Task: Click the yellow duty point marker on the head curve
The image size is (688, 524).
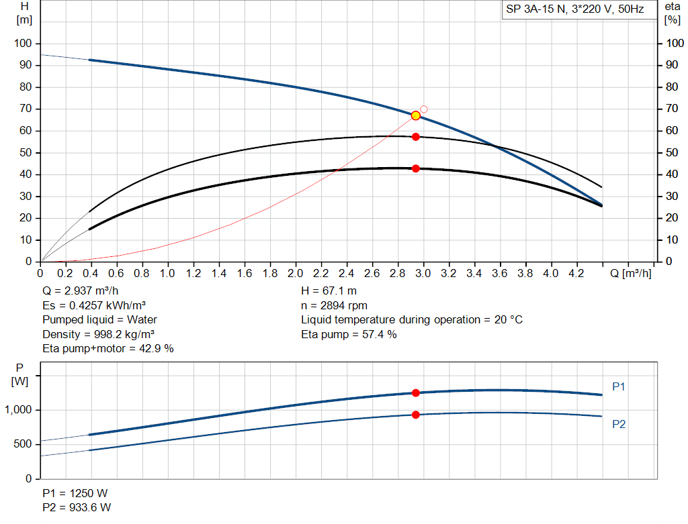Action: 416,115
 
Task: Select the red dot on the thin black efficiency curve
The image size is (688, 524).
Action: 416,137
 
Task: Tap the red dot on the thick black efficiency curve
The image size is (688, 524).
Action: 416,168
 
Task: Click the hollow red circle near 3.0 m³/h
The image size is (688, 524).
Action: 424,109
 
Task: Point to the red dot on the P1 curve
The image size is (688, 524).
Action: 416,393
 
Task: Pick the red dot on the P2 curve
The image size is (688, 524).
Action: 416,415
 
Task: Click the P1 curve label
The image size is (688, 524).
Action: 619,386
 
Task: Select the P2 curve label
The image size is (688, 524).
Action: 619,424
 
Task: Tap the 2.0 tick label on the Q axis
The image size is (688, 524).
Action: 296,274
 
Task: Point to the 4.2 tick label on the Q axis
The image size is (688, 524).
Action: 576,274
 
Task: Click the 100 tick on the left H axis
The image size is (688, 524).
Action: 23,44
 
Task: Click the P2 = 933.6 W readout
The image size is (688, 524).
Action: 77,508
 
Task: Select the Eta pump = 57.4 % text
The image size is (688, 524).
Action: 349,334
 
